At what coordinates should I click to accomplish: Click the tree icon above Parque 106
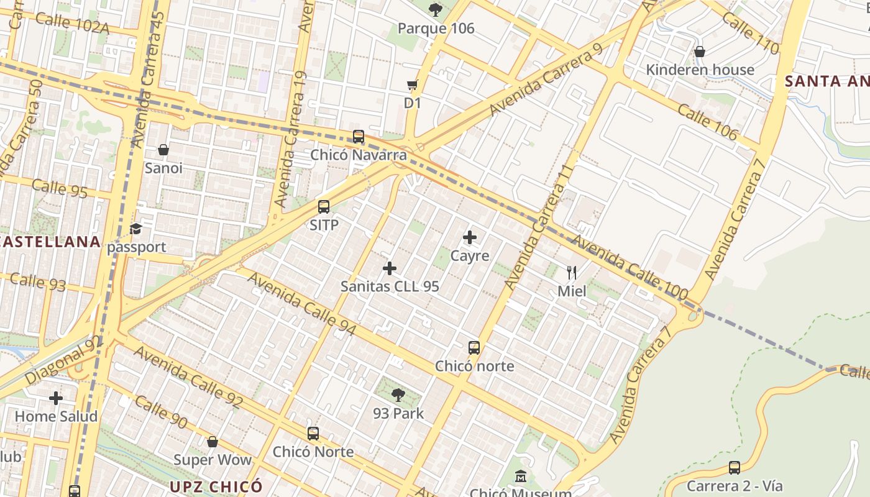tap(436, 9)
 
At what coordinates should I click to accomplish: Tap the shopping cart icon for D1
tap(412, 84)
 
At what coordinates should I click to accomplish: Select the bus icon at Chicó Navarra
tap(359, 137)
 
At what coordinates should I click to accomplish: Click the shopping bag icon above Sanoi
tap(163, 150)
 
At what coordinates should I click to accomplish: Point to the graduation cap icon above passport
tap(135, 229)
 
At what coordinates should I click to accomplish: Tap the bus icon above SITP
tap(324, 207)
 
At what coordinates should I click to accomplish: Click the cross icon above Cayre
tap(470, 237)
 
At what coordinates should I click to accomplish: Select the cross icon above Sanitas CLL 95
tap(390, 268)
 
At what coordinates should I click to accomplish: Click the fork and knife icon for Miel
tap(572, 272)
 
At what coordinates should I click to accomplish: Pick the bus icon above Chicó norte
tap(474, 348)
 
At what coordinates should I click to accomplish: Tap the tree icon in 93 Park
tap(398, 394)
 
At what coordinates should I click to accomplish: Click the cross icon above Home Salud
tap(56, 398)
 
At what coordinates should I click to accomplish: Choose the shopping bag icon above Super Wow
tap(213, 442)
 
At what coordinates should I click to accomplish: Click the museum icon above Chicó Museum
tap(521, 477)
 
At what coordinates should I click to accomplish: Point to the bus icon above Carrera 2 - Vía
tap(735, 468)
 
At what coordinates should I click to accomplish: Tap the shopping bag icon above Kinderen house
tap(700, 52)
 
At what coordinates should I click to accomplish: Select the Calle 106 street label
tap(707, 122)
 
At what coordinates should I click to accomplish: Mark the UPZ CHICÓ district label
tap(216, 486)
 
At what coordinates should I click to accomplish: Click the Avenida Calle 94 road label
tap(302, 303)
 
